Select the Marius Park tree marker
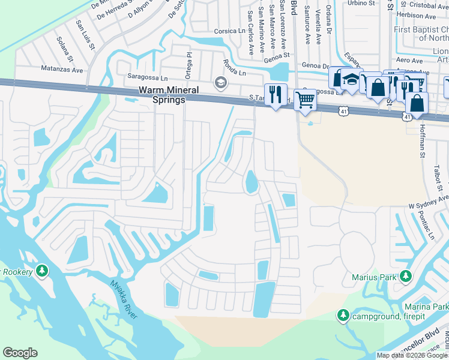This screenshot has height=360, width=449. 406,277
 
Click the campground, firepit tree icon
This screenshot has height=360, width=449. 343,316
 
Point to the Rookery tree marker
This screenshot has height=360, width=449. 41,271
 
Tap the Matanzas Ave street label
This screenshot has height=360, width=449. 62,70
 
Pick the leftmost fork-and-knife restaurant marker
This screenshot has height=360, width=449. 276,94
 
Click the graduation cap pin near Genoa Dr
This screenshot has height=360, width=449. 352,79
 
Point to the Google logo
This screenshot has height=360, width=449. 20,353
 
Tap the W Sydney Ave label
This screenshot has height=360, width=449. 429,201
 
